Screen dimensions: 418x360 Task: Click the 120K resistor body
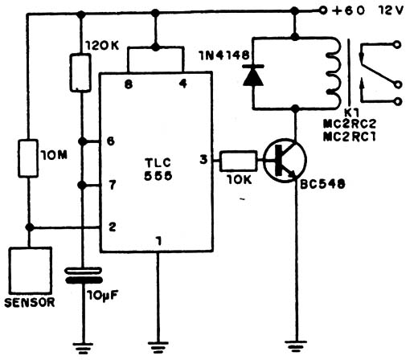[80, 73]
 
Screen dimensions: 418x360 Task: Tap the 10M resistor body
[28, 158]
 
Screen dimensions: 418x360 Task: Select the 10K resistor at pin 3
[238, 161]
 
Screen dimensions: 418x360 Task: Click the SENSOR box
[31, 270]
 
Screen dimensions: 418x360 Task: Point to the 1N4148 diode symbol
[253, 75]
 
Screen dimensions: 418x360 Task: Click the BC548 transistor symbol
[285, 161]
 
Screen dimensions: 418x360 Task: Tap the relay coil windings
[334, 73]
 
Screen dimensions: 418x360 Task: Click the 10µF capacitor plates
[84, 276]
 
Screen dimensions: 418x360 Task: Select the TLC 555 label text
[158, 170]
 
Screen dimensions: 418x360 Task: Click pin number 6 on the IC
[111, 141]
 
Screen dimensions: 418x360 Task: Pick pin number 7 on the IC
[113, 185]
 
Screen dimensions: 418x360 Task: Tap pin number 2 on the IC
[113, 227]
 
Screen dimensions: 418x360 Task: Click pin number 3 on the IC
[203, 160]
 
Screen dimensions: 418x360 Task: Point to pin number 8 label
[129, 84]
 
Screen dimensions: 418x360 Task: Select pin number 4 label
[183, 84]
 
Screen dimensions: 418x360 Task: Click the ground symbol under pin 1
[158, 346]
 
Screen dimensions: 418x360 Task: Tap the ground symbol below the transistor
[296, 346]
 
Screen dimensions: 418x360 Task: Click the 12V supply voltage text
[391, 10]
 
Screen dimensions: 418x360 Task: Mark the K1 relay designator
[351, 112]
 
